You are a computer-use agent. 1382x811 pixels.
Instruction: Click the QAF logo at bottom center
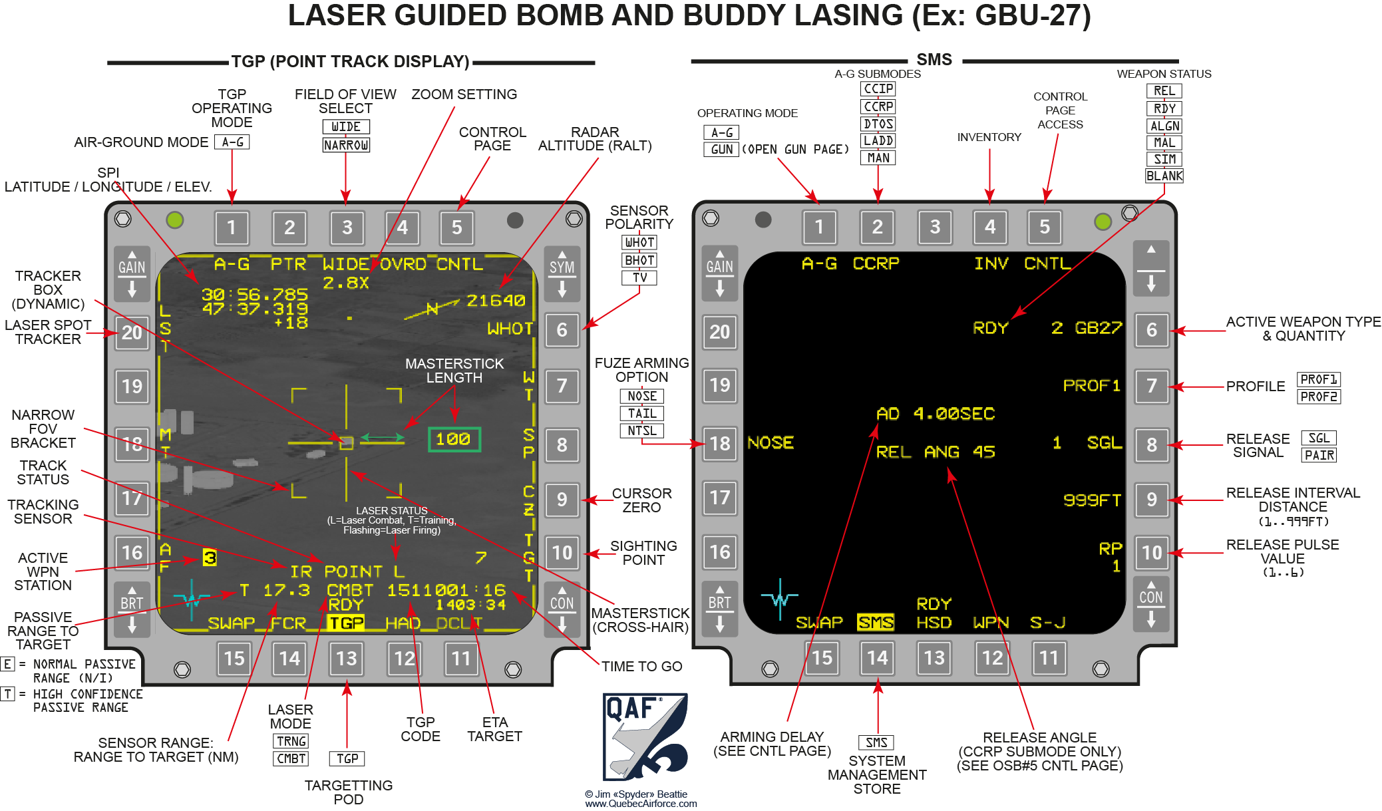coord(644,736)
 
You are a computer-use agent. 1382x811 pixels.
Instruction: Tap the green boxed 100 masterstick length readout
coord(454,439)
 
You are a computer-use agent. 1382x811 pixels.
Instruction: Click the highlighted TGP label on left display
coord(347,623)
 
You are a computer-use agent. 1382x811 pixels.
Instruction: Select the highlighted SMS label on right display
coord(876,622)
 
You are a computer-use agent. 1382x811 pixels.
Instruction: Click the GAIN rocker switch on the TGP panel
coord(132,274)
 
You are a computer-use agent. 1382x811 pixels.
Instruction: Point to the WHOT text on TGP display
coord(510,329)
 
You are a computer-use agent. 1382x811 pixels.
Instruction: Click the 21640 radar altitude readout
coord(496,301)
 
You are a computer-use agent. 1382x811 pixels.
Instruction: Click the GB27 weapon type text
coord(1098,328)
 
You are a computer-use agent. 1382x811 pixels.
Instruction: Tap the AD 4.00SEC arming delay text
coord(936,414)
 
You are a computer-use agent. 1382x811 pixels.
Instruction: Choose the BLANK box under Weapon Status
coord(1164,176)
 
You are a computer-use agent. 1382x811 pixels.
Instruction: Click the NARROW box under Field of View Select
coord(345,145)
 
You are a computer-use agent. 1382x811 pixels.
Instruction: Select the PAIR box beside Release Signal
coord(1319,455)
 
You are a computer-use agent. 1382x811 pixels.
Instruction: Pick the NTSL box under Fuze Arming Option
coord(641,430)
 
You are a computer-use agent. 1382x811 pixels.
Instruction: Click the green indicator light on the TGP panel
coord(175,220)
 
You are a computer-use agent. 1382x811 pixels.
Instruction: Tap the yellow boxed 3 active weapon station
coord(210,558)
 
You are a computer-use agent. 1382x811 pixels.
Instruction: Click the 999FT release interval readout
coord(1091,500)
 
